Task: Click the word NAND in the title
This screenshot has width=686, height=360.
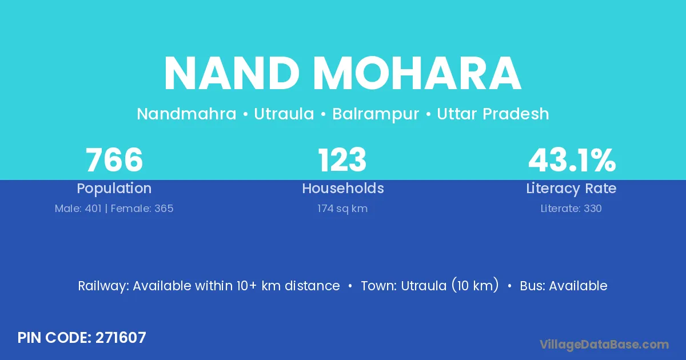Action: (232, 73)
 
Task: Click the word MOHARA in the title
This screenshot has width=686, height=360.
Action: (417, 73)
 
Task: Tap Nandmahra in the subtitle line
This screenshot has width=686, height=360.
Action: (186, 114)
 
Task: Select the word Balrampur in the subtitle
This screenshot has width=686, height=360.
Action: (376, 114)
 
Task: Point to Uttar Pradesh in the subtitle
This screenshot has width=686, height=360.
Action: (493, 114)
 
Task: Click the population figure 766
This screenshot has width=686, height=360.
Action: (114, 160)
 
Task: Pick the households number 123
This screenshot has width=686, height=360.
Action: (342, 160)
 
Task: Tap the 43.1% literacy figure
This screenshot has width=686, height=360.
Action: (572, 160)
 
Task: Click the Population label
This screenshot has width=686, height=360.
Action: (114, 189)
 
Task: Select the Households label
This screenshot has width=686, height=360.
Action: (343, 188)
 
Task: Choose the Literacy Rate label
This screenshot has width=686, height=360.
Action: (571, 189)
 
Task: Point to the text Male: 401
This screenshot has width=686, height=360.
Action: (78, 209)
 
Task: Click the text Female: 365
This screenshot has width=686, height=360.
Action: (142, 209)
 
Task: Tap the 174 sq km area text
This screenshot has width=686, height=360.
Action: (342, 209)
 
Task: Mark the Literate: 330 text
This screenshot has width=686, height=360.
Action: (571, 209)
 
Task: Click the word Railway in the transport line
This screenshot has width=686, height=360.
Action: (103, 286)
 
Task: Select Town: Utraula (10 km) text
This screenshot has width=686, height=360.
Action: (430, 285)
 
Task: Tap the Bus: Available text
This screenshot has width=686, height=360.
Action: (564, 286)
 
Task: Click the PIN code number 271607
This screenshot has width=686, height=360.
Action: (121, 338)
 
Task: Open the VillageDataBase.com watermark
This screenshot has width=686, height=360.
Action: (604, 345)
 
